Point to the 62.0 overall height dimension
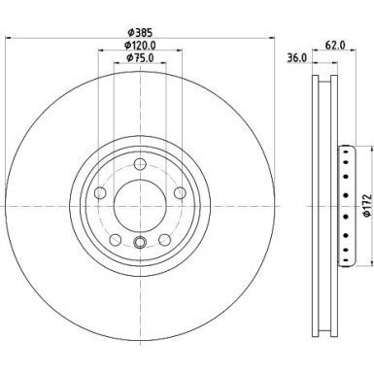point(334,44)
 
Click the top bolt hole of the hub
point(139,163)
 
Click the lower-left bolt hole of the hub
point(116,237)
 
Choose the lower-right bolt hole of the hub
point(162,237)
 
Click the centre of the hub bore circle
point(139,205)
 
